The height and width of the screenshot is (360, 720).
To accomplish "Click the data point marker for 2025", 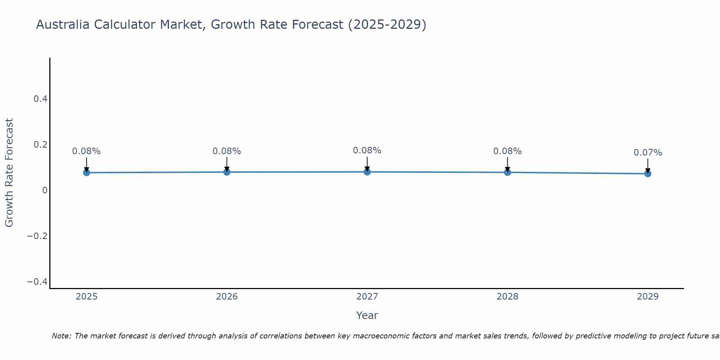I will [x=86, y=172].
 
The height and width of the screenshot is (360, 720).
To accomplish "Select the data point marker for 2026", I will [x=227, y=172].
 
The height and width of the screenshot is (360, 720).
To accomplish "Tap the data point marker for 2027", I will [x=367, y=172].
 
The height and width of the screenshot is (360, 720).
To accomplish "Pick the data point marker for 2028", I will [x=507, y=172].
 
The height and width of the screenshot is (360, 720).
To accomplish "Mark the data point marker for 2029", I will [x=648, y=174].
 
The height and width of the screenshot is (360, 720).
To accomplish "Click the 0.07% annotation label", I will [x=648, y=153].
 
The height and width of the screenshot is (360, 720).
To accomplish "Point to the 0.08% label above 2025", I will [x=86, y=151].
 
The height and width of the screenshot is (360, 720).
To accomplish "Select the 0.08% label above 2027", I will [x=367, y=150].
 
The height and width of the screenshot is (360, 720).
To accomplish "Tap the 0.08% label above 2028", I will [x=507, y=151].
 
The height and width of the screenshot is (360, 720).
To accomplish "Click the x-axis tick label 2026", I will [x=227, y=297].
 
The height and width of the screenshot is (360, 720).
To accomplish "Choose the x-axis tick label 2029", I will [x=648, y=297].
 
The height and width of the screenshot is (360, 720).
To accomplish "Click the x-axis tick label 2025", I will [x=86, y=297].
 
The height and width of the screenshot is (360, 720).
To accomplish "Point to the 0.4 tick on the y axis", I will [x=41, y=99].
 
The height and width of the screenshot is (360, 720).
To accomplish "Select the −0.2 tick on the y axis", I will [x=37, y=236].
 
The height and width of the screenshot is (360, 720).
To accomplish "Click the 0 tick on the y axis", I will [x=45, y=190].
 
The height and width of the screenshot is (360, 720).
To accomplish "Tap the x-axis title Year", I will [x=367, y=315].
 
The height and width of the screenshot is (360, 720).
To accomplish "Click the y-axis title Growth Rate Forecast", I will [x=9, y=172].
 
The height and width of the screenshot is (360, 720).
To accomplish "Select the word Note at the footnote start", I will [x=62, y=336].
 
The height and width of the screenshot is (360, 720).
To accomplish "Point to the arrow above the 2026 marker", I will [x=227, y=164].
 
